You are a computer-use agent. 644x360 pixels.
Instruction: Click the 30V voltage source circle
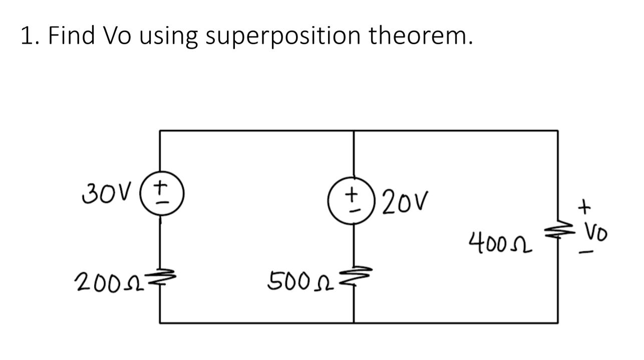tap(160, 198)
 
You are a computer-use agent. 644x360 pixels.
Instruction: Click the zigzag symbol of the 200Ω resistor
tap(161, 276)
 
